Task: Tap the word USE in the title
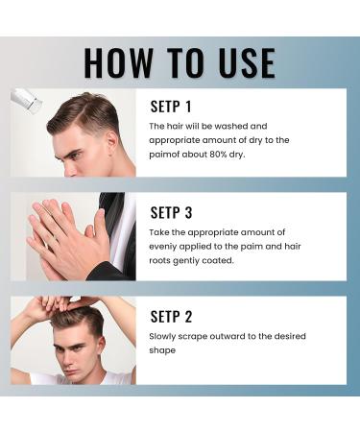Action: (239, 61)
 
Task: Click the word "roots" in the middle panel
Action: (166, 259)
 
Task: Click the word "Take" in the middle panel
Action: (160, 231)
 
